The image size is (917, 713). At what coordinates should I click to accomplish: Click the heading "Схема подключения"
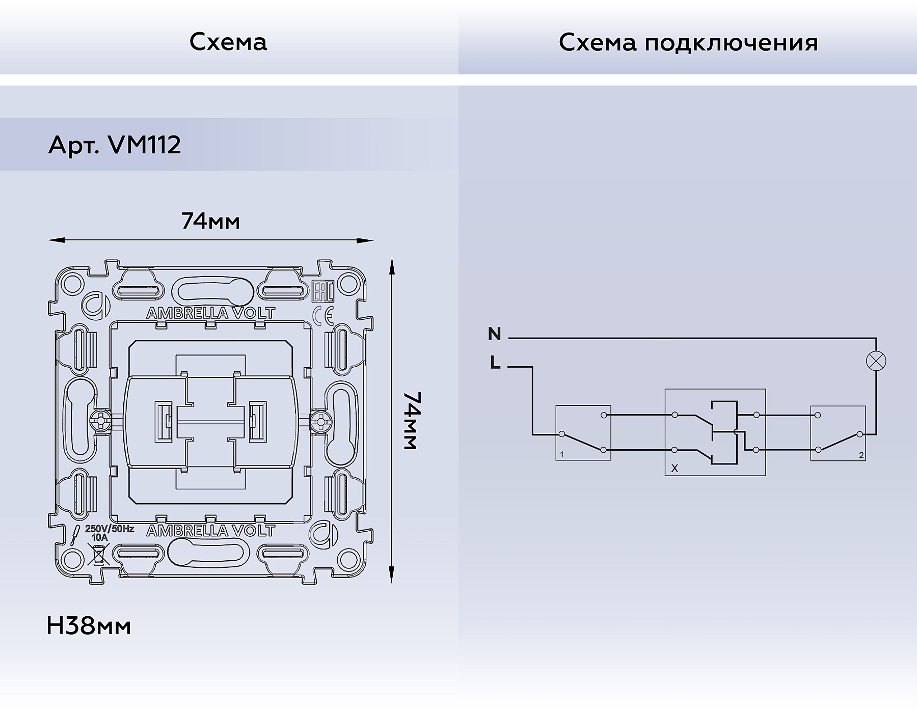click(688, 43)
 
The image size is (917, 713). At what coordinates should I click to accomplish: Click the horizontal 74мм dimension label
click(210, 222)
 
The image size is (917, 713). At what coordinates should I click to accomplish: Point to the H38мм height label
click(89, 626)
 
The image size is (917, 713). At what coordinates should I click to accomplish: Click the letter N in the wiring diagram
click(494, 335)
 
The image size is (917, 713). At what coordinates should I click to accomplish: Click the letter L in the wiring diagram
click(495, 364)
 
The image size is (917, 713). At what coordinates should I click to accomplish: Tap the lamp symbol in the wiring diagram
click(876, 361)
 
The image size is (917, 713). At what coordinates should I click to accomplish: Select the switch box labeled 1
click(583, 433)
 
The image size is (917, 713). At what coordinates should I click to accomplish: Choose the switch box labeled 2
click(838, 433)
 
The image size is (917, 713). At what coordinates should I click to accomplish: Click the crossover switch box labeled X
click(715, 432)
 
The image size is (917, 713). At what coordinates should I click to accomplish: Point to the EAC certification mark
click(322, 291)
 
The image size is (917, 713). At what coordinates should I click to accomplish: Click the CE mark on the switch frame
click(323, 316)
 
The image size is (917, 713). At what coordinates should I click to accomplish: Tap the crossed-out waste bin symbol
click(98, 554)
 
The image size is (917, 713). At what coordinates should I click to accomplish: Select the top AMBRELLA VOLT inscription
click(210, 313)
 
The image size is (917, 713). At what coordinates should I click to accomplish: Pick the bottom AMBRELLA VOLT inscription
click(210, 531)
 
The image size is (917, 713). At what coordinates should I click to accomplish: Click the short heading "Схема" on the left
click(228, 43)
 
